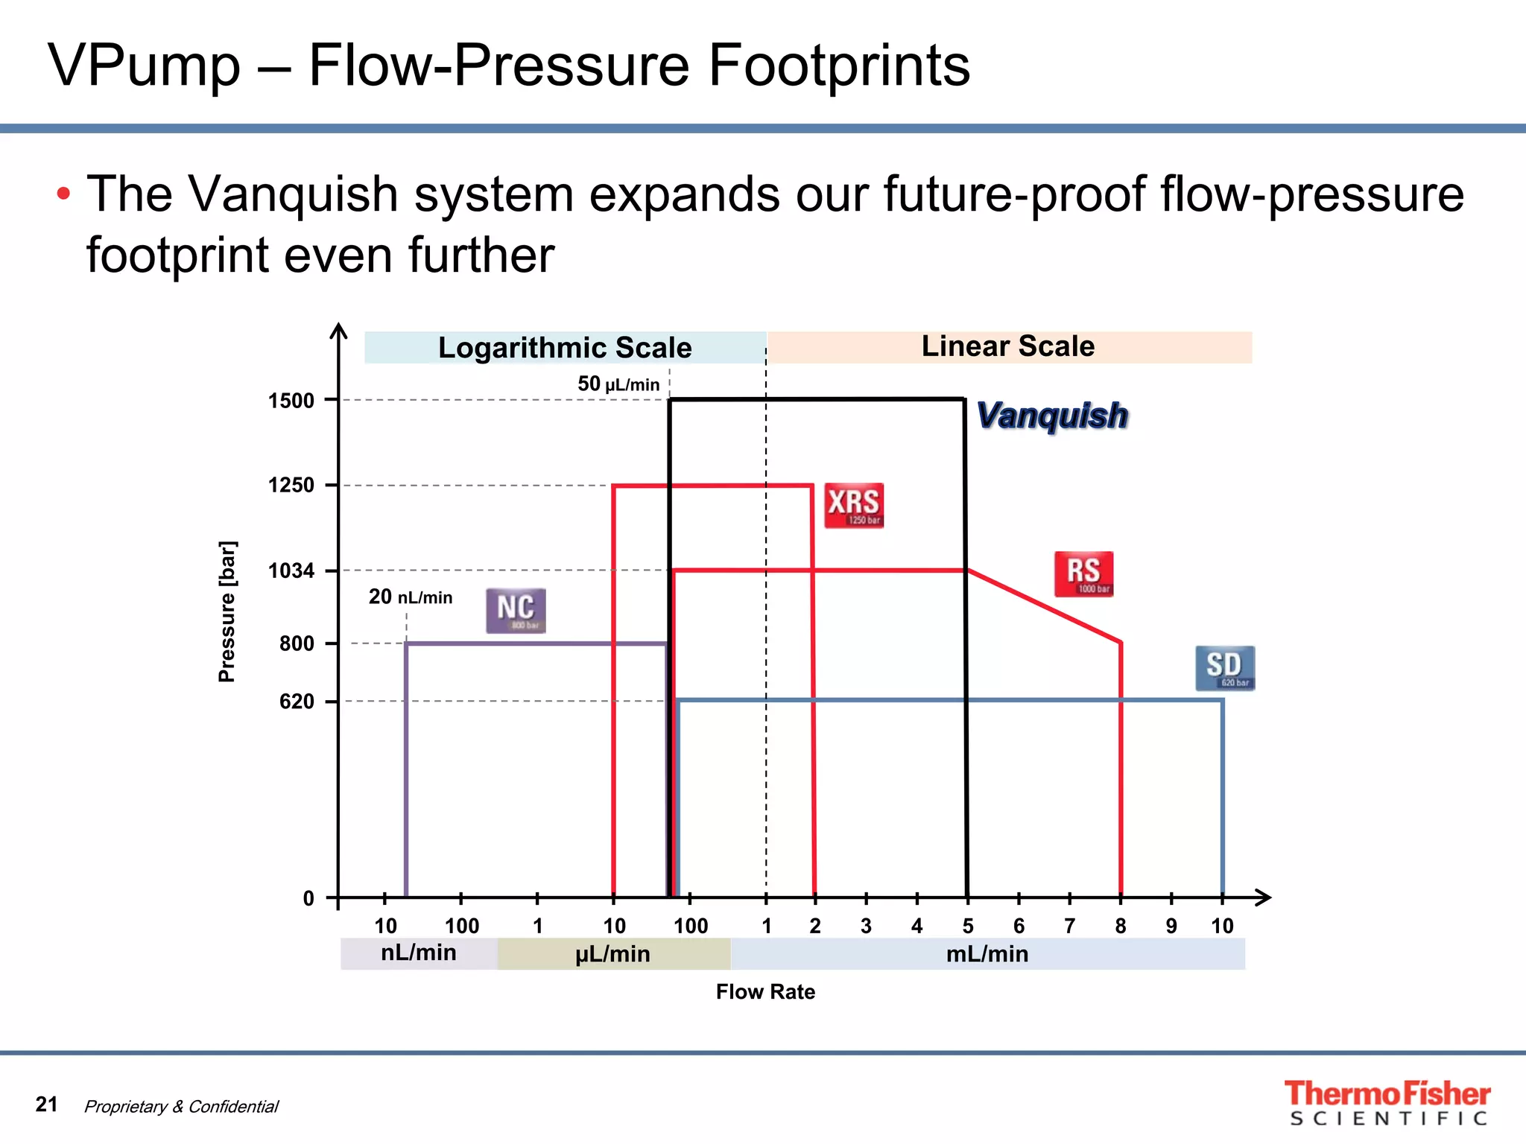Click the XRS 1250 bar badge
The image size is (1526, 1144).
(853, 506)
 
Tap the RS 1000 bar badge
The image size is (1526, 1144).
(1083, 573)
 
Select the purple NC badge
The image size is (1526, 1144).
(516, 611)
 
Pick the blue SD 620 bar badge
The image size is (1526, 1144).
(1224, 668)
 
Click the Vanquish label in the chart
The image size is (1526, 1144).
(1051, 416)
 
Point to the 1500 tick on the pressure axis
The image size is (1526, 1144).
(291, 401)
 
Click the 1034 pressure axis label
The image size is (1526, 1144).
(291, 571)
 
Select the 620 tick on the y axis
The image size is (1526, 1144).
(297, 702)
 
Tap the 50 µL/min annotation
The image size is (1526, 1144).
(618, 384)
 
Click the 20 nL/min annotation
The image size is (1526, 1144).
(411, 597)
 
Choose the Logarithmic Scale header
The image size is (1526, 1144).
(565, 348)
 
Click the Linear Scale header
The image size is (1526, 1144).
(1008, 346)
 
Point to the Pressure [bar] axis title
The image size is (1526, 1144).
(227, 611)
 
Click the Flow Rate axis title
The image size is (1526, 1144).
(765, 992)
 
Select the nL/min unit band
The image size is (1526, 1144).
(418, 953)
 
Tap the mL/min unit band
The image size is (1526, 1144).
(987, 954)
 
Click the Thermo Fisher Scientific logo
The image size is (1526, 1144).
(1387, 1103)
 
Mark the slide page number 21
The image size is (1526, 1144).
(46, 1104)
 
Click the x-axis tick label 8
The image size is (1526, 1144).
(1120, 926)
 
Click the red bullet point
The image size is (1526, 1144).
(64, 194)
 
